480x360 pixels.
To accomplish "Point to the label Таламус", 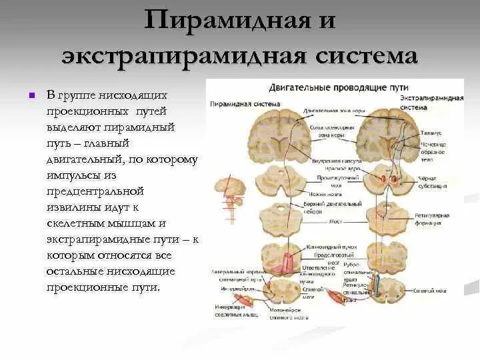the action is pyautogui.click(x=431, y=134).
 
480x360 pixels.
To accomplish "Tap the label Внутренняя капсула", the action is pyautogui.click(x=337, y=161).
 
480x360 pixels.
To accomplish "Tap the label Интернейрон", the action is pyautogui.click(x=234, y=289).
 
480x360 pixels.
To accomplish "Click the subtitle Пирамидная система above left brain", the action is pyautogui.click(x=235, y=103).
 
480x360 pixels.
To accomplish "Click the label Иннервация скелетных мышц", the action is pyautogui.click(x=236, y=310).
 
